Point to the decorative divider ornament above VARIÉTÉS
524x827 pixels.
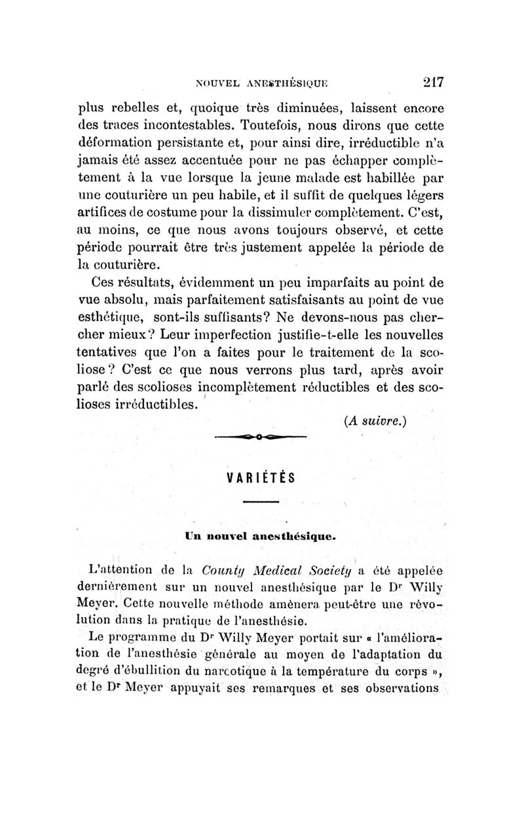pyautogui.click(x=260, y=436)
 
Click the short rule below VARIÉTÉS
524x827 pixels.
pyautogui.click(x=261, y=503)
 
